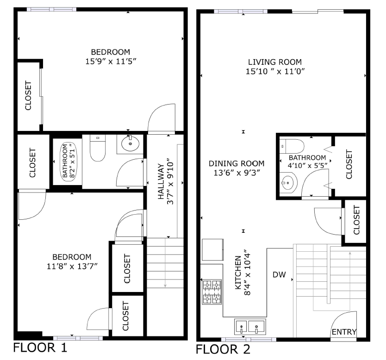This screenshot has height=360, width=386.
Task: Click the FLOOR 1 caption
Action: point(40,348)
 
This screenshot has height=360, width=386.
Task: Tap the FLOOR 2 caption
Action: point(223,349)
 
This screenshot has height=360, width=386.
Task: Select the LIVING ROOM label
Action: point(275,62)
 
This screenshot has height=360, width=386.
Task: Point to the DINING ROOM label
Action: point(237,163)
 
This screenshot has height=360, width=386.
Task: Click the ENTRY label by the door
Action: point(344,332)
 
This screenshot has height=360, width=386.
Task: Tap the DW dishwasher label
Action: point(279,274)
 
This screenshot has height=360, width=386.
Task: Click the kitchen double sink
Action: point(250,327)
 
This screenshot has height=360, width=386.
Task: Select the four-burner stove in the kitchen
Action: point(212,292)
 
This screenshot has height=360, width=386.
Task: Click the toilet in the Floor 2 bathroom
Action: point(292,146)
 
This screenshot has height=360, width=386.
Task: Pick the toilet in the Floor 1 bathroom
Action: point(98,148)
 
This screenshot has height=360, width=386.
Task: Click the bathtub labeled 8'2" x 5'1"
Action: point(68,162)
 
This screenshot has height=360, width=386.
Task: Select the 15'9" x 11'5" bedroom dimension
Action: point(111,61)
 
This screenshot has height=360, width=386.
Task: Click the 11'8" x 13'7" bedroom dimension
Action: point(72,266)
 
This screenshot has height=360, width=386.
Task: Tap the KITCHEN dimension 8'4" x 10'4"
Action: point(247,273)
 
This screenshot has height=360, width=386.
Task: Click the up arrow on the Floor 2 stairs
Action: point(350,281)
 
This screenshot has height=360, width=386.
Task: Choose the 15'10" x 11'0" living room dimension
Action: point(275,71)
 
